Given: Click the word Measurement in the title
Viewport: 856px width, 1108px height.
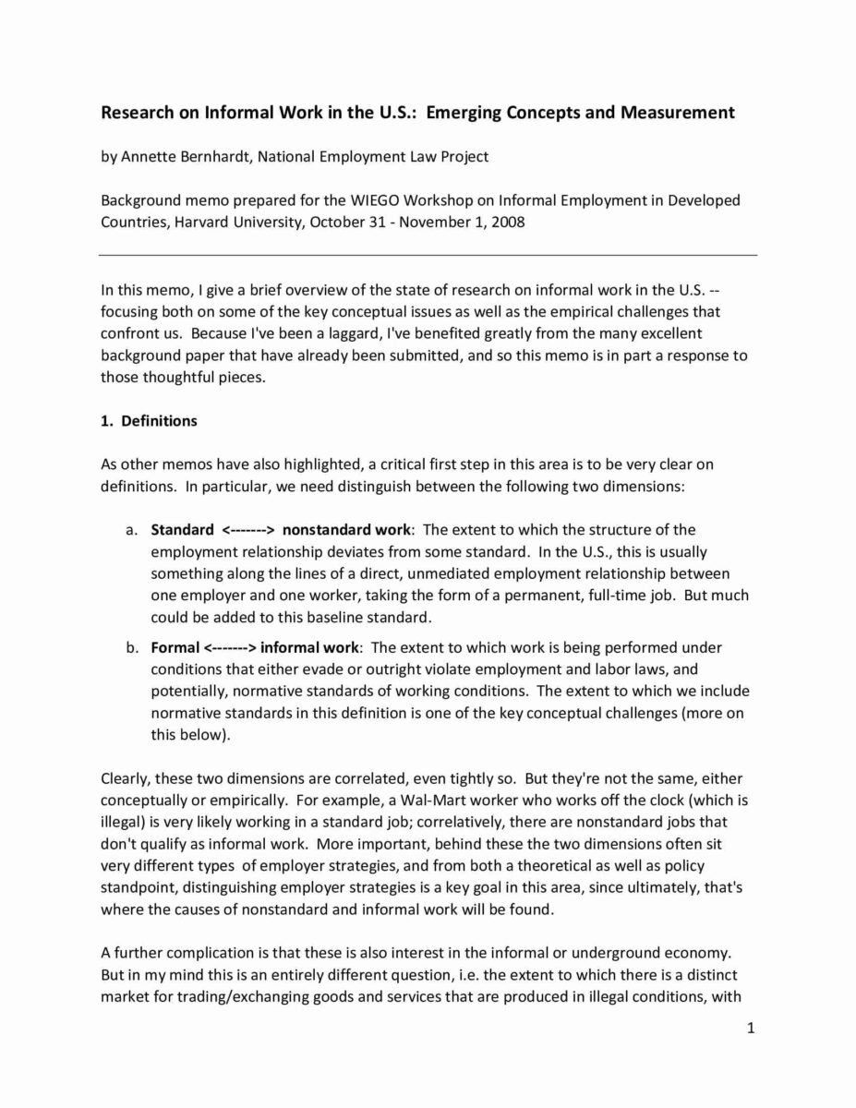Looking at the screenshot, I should pos(674,113).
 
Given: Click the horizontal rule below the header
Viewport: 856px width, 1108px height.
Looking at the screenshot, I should pos(428,255).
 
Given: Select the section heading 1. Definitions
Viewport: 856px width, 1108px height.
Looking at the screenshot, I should pos(148,421).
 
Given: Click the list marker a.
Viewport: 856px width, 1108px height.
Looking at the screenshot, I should pos(131,530).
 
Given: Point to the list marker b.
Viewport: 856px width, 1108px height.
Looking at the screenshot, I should pos(131,647).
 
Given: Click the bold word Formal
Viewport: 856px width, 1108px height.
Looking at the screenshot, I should pos(175,647).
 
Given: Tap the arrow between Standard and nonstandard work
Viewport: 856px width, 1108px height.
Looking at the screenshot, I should pos(248,530).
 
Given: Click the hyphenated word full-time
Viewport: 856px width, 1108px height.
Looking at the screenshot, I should pos(615,596).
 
